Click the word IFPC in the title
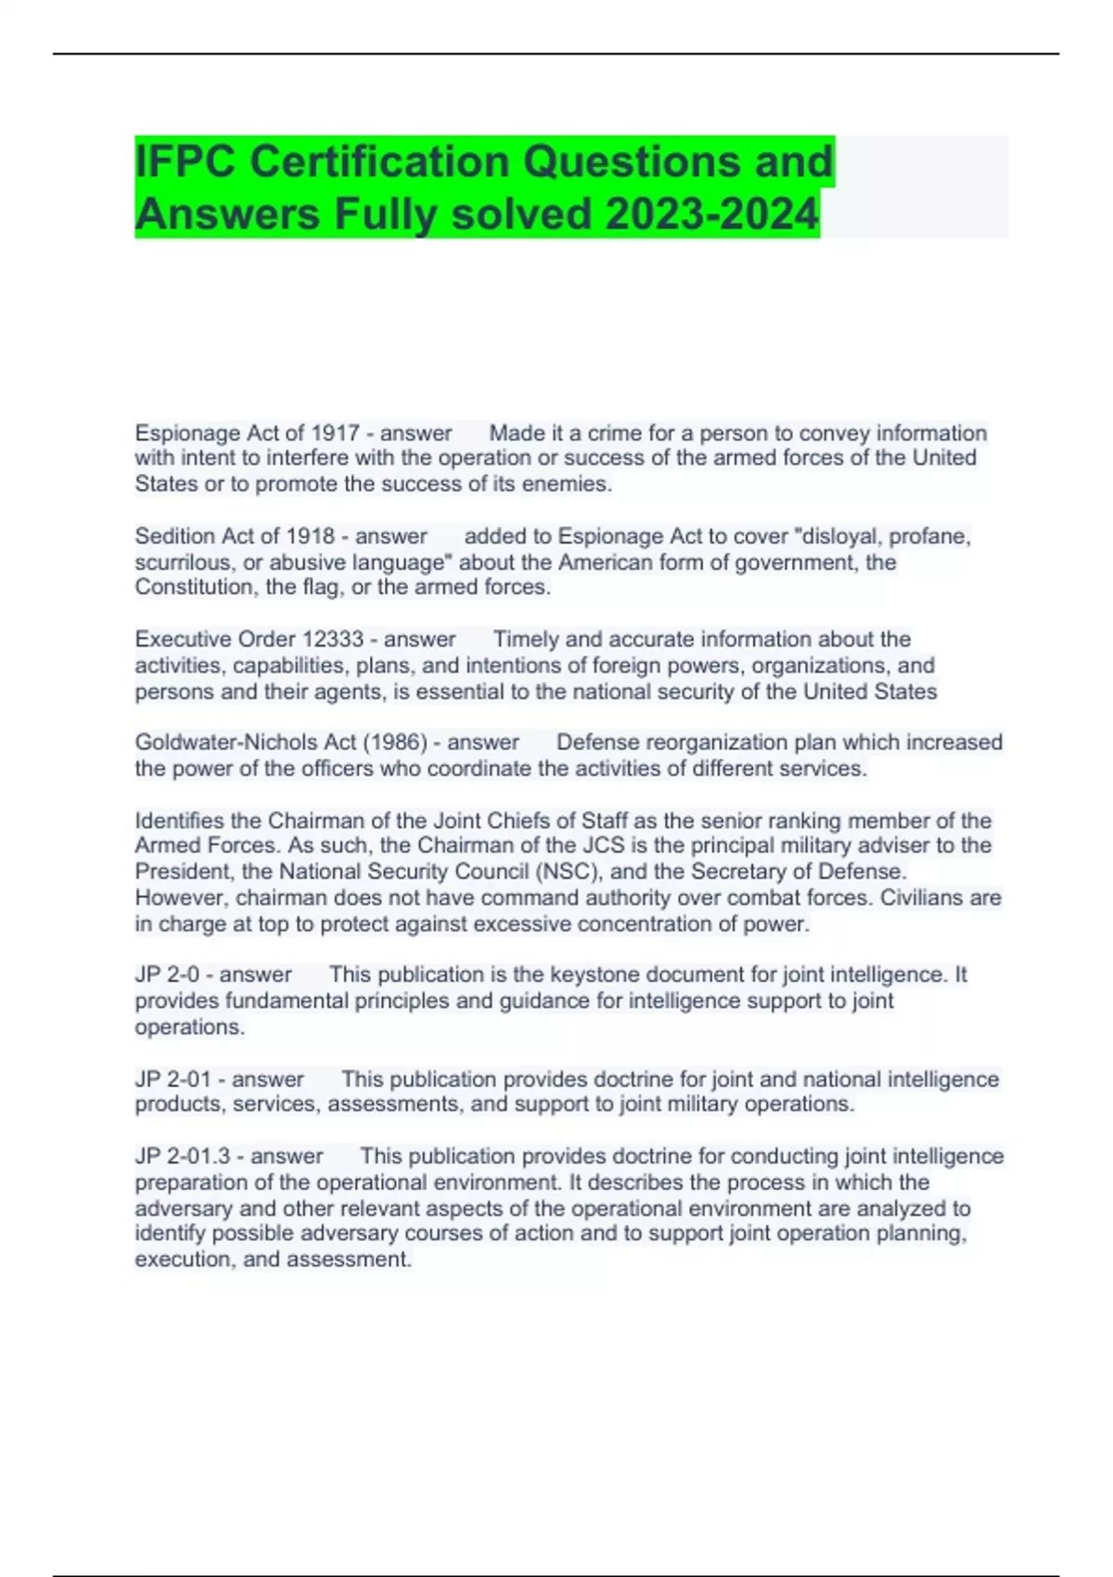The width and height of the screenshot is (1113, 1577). click(185, 161)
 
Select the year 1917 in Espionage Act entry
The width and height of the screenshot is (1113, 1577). click(335, 433)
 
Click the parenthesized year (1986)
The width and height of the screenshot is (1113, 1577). click(395, 742)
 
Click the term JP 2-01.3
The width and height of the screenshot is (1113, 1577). click(183, 1156)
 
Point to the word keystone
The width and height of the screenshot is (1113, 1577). click(592, 975)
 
